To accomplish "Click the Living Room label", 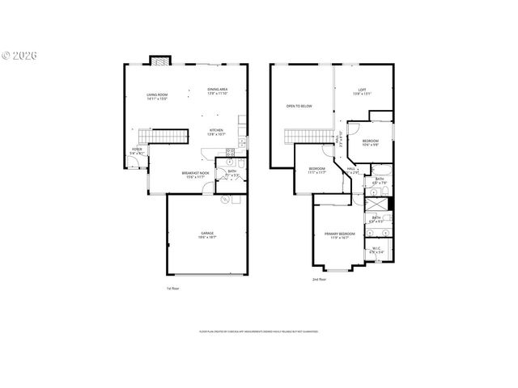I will click(x=157, y=97).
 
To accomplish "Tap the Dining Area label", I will click(x=217, y=91).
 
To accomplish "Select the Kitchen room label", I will click(x=216, y=131).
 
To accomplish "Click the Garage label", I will click(x=208, y=235).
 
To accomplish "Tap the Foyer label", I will click(x=137, y=151).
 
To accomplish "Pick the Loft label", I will click(x=362, y=92).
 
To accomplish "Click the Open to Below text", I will click(x=299, y=106).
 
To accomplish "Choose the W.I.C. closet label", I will click(x=376, y=251).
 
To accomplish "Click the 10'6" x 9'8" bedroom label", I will click(x=371, y=143).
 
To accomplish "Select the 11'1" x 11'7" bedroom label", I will click(x=316, y=171).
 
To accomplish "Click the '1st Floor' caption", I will click(x=172, y=289).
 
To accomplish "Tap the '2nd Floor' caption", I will click(x=320, y=280).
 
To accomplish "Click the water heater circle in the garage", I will click(x=226, y=200).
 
